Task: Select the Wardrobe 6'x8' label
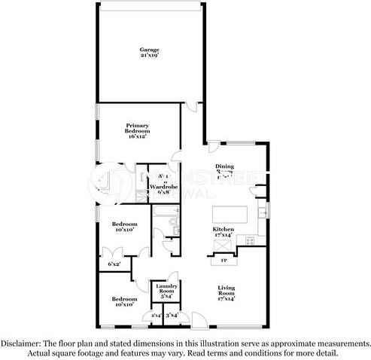[x=163, y=188]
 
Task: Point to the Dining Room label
[x=225, y=169]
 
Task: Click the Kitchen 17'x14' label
[x=223, y=232]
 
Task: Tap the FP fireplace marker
[x=224, y=261]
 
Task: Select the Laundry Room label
[x=166, y=290]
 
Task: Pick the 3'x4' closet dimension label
[x=172, y=315]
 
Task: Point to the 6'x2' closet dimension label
[x=114, y=264]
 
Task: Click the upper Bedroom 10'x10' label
[x=124, y=227]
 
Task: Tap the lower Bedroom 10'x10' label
[x=124, y=301]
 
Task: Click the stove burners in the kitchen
[x=249, y=240]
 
